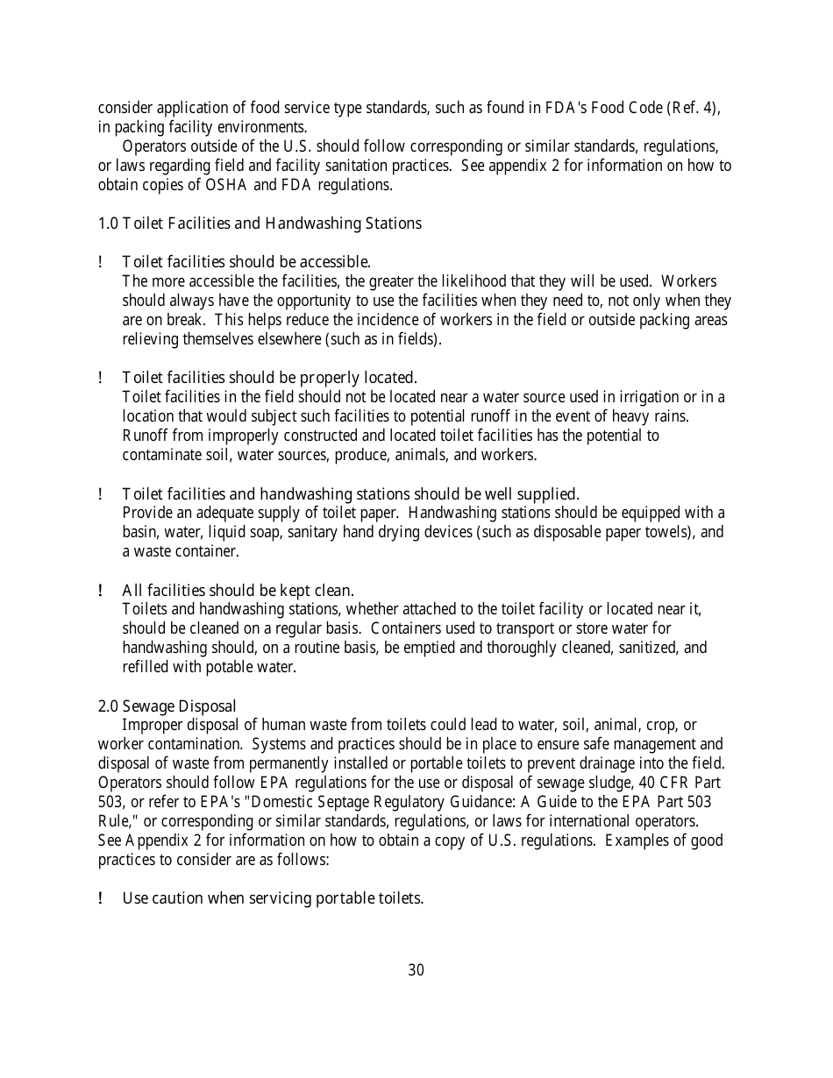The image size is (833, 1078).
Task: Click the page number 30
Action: (x=416, y=970)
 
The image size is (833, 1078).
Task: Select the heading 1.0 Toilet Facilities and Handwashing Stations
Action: (x=260, y=223)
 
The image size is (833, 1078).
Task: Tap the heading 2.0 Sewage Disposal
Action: (x=167, y=706)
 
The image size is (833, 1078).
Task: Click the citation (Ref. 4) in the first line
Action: (x=693, y=108)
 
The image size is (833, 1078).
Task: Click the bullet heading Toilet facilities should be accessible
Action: (x=246, y=262)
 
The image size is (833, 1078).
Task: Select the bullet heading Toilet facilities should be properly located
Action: (x=269, y=378)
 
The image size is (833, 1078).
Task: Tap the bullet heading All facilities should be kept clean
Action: (x=238, y=590)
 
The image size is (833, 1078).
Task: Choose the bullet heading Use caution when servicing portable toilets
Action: (x=273, y=898)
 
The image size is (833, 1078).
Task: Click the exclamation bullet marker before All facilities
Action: (x=102, y=590)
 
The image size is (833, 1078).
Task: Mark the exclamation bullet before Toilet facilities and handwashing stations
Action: (x=102, y=493)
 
